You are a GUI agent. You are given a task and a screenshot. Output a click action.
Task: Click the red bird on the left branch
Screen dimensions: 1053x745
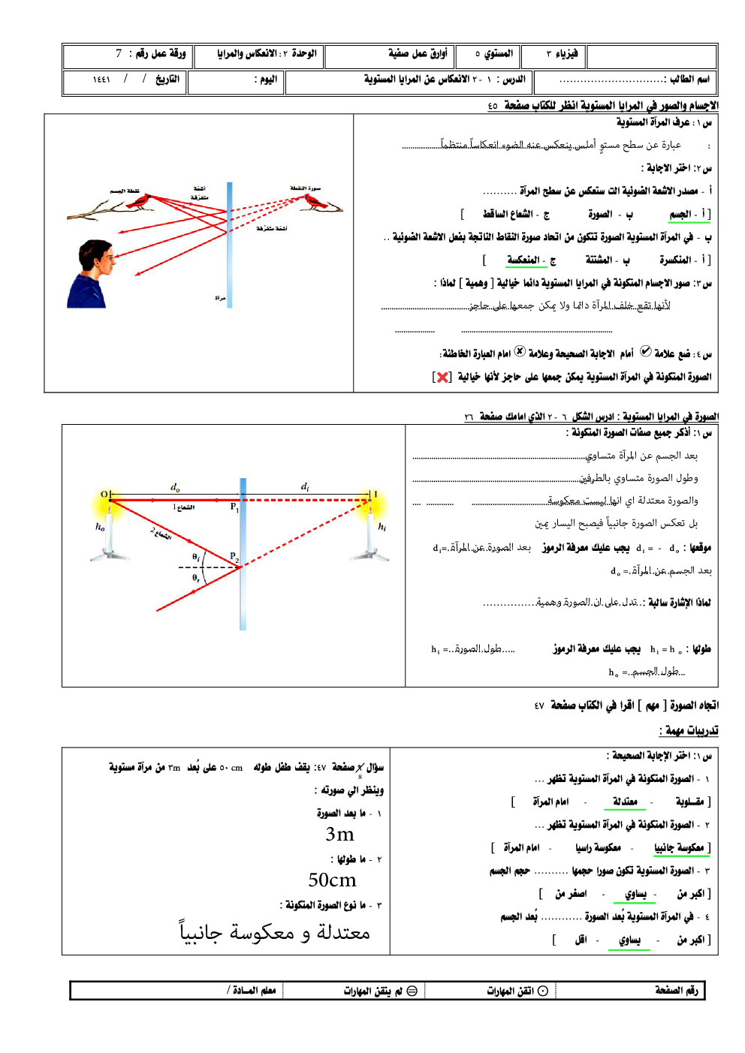(140, 201)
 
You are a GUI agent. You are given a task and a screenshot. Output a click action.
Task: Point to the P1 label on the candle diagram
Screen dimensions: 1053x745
(234, 507)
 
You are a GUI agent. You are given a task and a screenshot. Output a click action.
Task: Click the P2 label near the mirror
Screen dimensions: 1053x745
(234, 558)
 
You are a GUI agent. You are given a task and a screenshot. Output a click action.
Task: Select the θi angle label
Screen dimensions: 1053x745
(196, 557)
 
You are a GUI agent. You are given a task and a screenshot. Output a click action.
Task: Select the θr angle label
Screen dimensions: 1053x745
(196, 578)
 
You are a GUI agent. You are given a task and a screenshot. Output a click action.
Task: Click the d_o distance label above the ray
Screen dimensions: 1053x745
(175, 487)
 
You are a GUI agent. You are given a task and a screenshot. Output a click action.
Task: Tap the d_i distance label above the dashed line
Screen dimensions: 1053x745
(305, 487)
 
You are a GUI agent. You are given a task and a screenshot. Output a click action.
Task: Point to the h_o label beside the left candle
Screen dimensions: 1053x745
(100, 526)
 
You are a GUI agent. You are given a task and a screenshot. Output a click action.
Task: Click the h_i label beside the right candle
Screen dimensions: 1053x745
(382, 526)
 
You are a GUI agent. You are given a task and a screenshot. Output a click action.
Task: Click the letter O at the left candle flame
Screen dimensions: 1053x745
(104, 494)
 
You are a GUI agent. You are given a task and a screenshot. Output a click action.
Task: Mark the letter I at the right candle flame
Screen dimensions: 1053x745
(376, 494)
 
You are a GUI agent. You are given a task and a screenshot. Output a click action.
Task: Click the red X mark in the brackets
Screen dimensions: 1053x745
(443, 377)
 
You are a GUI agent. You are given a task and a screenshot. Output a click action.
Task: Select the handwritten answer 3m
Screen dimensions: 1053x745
(339, 835)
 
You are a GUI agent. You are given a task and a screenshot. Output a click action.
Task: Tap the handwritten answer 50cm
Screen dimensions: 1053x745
(332, 880)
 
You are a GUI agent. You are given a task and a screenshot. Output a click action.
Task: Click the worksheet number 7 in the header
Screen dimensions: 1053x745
(119, 53)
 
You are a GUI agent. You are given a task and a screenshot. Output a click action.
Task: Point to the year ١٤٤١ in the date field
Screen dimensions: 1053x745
(101, 80)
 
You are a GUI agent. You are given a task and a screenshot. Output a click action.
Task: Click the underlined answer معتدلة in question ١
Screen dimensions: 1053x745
(625, 802)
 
